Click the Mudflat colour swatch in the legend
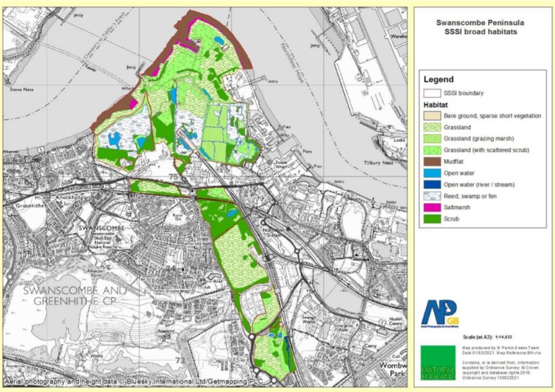pos(433,162)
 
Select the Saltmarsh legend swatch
pos(433,209)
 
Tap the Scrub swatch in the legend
pos(433,220)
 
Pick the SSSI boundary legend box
pos(433,92)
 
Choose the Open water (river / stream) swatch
pos(433,185)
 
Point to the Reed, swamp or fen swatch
pos(433,197)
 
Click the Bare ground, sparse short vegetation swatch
pos(433,115)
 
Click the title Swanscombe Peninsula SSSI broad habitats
pos(478,27)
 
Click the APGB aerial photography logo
pos(436,310)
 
